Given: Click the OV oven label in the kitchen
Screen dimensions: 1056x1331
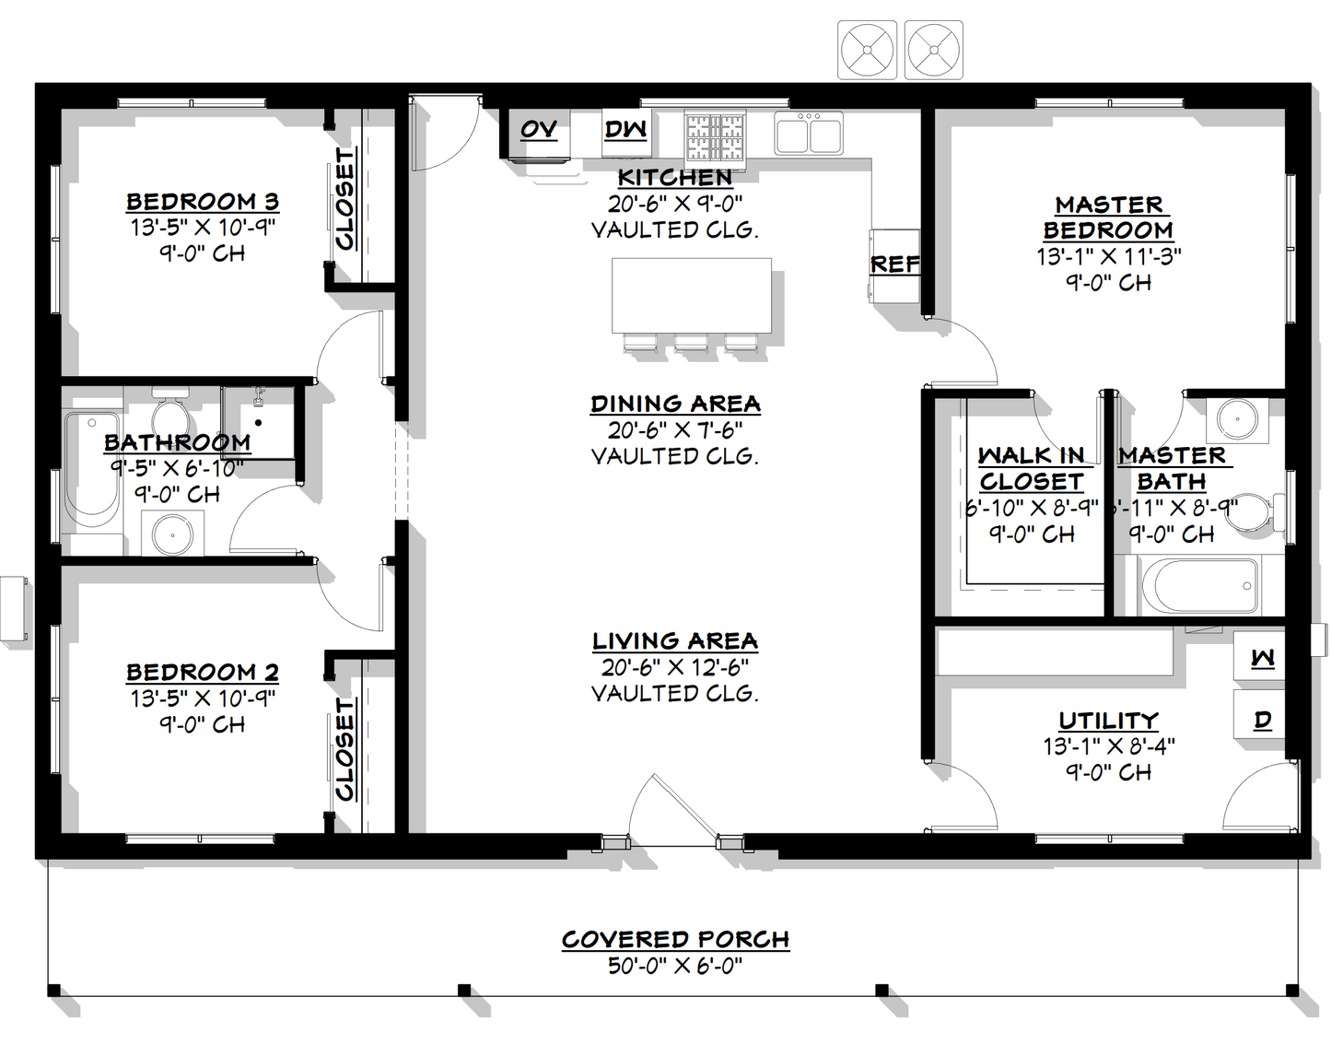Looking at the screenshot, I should pyautogui.click(x=539, y=129).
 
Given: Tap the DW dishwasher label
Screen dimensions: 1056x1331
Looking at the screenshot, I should pyautogui.click(x=625, y=129).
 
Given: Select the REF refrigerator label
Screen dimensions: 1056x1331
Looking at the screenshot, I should pyautogui.click(x=894, y=264).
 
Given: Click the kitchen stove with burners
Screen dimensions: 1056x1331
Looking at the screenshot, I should pyautogui.click(x=715, y=135).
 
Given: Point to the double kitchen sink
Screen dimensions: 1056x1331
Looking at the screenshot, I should pyautogui.click(x=809, y=133).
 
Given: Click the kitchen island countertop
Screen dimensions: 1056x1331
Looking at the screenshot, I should pyautogui.click(x=692, y=296).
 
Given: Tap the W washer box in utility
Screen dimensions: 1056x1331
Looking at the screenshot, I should pyautogui.click(x=1263, y=658).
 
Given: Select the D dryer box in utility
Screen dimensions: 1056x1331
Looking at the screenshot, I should pyautogui.click(x=1263, y=719).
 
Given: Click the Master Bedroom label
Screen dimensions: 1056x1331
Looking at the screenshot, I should pyautogui.click(x=1108, y=217).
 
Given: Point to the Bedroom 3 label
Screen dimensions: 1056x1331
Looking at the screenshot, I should pyautogui.click(x=202, y=202).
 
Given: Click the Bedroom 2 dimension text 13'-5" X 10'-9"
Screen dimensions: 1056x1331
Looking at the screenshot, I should pyautogui.click(x=202, y=698).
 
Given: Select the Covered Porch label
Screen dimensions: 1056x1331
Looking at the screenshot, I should pyautogui.click(x=675, y=940).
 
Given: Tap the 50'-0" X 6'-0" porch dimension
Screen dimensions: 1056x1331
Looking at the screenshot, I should pyautogui.click(x=675, y=967).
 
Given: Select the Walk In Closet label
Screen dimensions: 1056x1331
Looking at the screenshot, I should pyautogui.click(x=1031, y=468).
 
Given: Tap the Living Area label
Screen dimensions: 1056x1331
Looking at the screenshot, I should pyautogui.click(x=674, y=641).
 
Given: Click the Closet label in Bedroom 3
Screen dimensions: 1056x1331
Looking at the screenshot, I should pyautogui.click(x=344, y=199).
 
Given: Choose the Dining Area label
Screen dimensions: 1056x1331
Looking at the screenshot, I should pyautogui.click(x=674, y=404).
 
